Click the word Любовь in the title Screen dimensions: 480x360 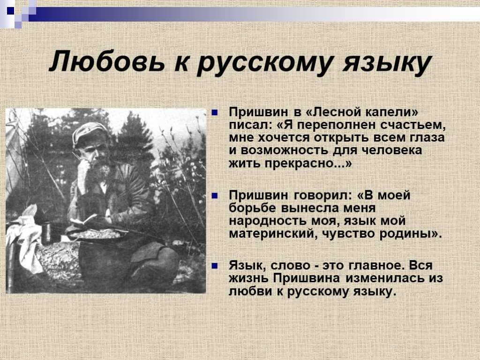(107, 61)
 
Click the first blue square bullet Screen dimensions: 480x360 (215, 112)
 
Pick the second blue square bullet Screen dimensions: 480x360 (215, 195)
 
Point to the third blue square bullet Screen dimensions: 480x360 (215, 266)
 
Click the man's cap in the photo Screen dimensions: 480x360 (89, 133)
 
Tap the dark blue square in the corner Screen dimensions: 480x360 (11, 11)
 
